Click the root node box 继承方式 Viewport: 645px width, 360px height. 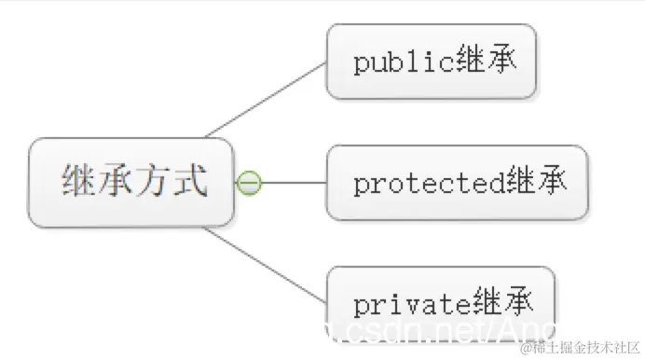[130, 182]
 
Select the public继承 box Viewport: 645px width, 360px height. [431, 62]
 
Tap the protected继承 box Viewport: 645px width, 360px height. [457, 183]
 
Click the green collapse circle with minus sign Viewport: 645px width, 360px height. [249, 184]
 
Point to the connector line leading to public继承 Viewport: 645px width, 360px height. [266, 98]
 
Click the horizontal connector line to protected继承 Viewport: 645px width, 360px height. [294, 184]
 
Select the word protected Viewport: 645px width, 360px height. [430, 184]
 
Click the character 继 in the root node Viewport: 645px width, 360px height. [79, 182]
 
